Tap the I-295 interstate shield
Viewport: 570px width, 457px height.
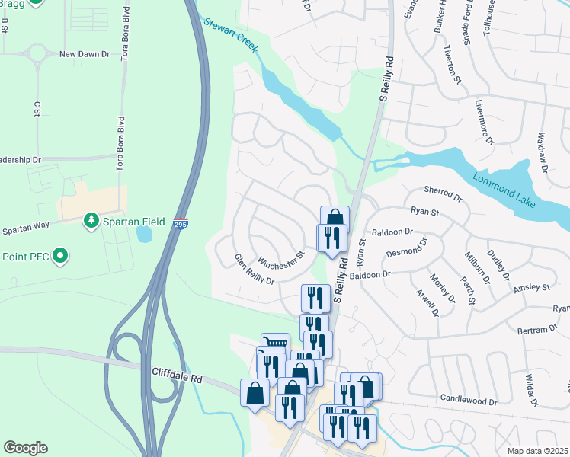tap(179, 225)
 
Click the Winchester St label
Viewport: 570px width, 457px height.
tap(280, 258)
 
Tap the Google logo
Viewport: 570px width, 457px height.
tap(25, 448)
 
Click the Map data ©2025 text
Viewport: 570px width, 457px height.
tap(537, 451)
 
